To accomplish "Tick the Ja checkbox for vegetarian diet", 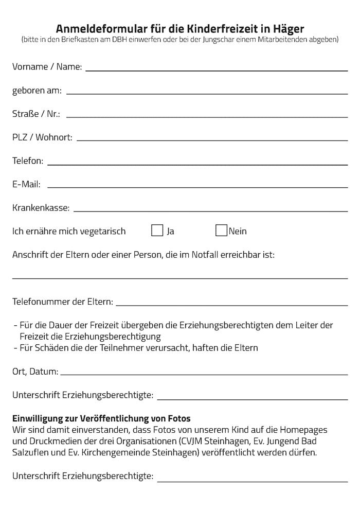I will [x=157, y=231].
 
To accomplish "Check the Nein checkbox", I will [x=221, y=231].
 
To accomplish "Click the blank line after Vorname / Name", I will [x=216, y=69].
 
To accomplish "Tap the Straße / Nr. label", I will [x=36, y=114].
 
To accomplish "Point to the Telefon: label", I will [x=28, y=161].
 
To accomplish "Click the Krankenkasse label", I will [x=41, y=208].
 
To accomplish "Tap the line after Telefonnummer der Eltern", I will [x=231, y=304].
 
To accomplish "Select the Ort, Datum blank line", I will [x=204, y=374].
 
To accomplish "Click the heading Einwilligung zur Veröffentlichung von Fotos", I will [x=101, y=418].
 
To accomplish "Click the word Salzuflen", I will [x=30, y=453].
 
